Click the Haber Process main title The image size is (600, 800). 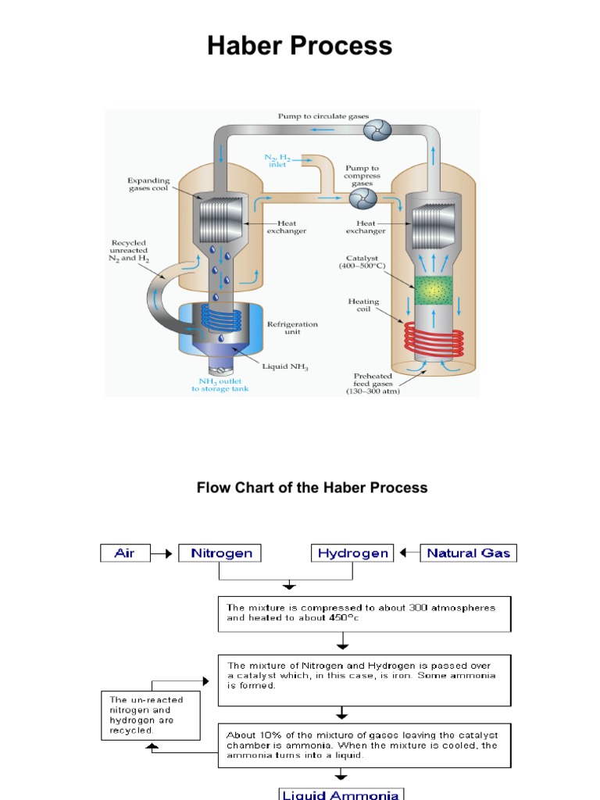pyautogui.click(x=300, y=46)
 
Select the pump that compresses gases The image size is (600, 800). pyautogui.click(x=361, y=200)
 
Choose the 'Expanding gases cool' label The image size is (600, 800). pyautogui.click(x=148, y=184)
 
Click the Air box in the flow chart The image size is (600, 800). pyautogui.click(x=124, y=554)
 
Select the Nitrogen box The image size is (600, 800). pyautogui.click(x=220, y=554)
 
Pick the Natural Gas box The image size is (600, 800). pyautogui.click(x=470, y=554)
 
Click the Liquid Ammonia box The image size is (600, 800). pyautogui.click(x=341, y=793)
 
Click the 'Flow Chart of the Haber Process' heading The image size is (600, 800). pyautogui.click(x=312, y=487)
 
